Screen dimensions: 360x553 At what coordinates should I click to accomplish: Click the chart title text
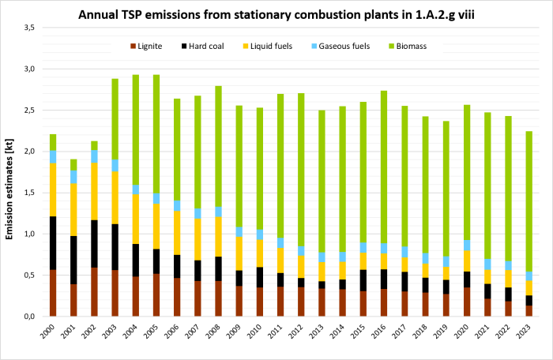pyautogui.click(x=276, y=13)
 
